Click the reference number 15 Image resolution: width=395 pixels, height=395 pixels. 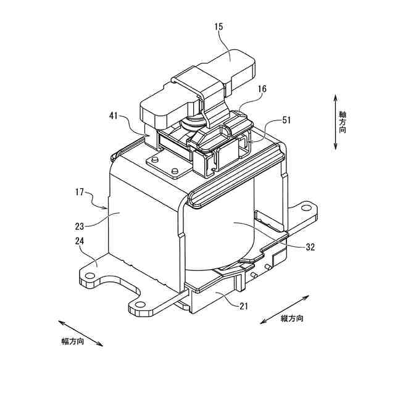click(x=220, y=27)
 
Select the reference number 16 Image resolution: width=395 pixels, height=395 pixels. click(x=262, y=89)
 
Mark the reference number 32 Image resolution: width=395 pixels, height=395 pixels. click(x=310, y=246)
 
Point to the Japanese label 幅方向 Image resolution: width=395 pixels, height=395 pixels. click(x=72, y=341)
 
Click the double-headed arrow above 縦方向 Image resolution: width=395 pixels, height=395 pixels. click(x=284, y=307)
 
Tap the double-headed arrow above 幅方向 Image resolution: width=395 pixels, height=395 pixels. click(x=81, y=332)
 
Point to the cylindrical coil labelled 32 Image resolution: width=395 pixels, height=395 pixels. click(x=228, y=241)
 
